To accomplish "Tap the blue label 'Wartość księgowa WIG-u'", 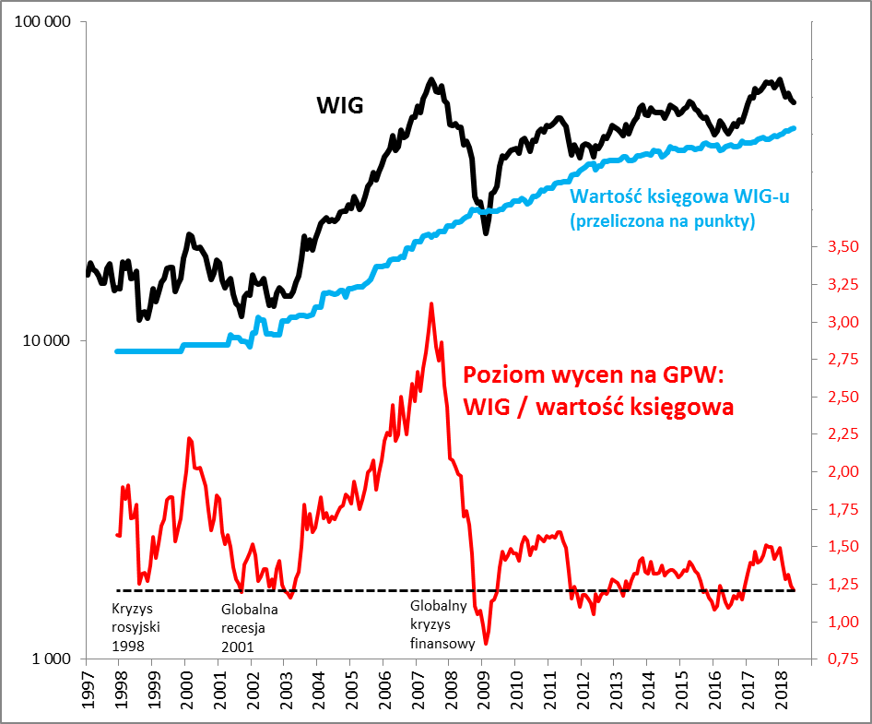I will coord(680,196).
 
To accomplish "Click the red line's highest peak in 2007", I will coord(430,303).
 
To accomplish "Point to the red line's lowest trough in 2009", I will coord(486,643).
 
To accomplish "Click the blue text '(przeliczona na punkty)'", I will coord(662,220).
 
